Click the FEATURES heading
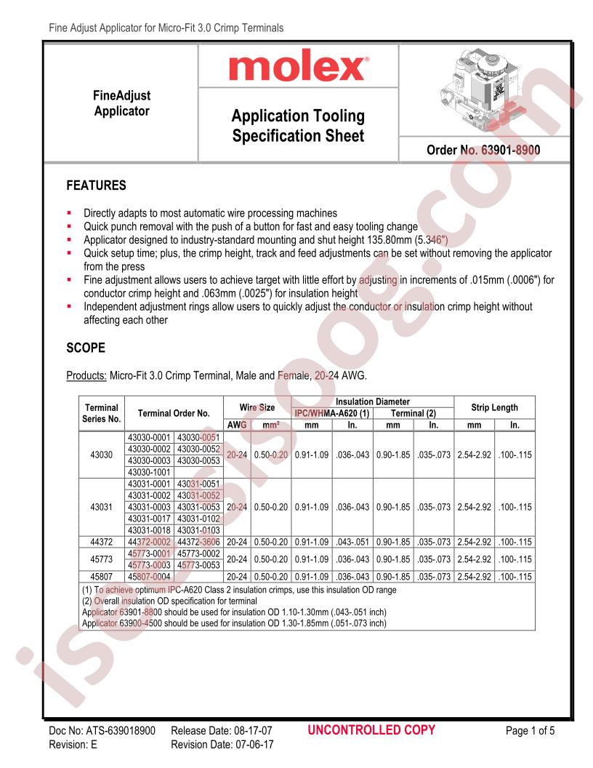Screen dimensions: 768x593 96,185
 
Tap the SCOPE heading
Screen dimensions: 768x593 86,348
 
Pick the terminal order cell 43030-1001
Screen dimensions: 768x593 149,472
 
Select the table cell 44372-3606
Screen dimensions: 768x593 198,542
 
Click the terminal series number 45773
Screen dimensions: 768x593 101,559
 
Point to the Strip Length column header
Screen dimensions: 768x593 493,407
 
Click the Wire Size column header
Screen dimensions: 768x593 257,407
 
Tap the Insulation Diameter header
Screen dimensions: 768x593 372,401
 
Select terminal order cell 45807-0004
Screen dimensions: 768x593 149,577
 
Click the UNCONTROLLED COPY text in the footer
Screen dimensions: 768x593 372,730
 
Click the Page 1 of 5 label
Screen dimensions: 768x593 533,731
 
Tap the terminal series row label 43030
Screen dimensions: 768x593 101,454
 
